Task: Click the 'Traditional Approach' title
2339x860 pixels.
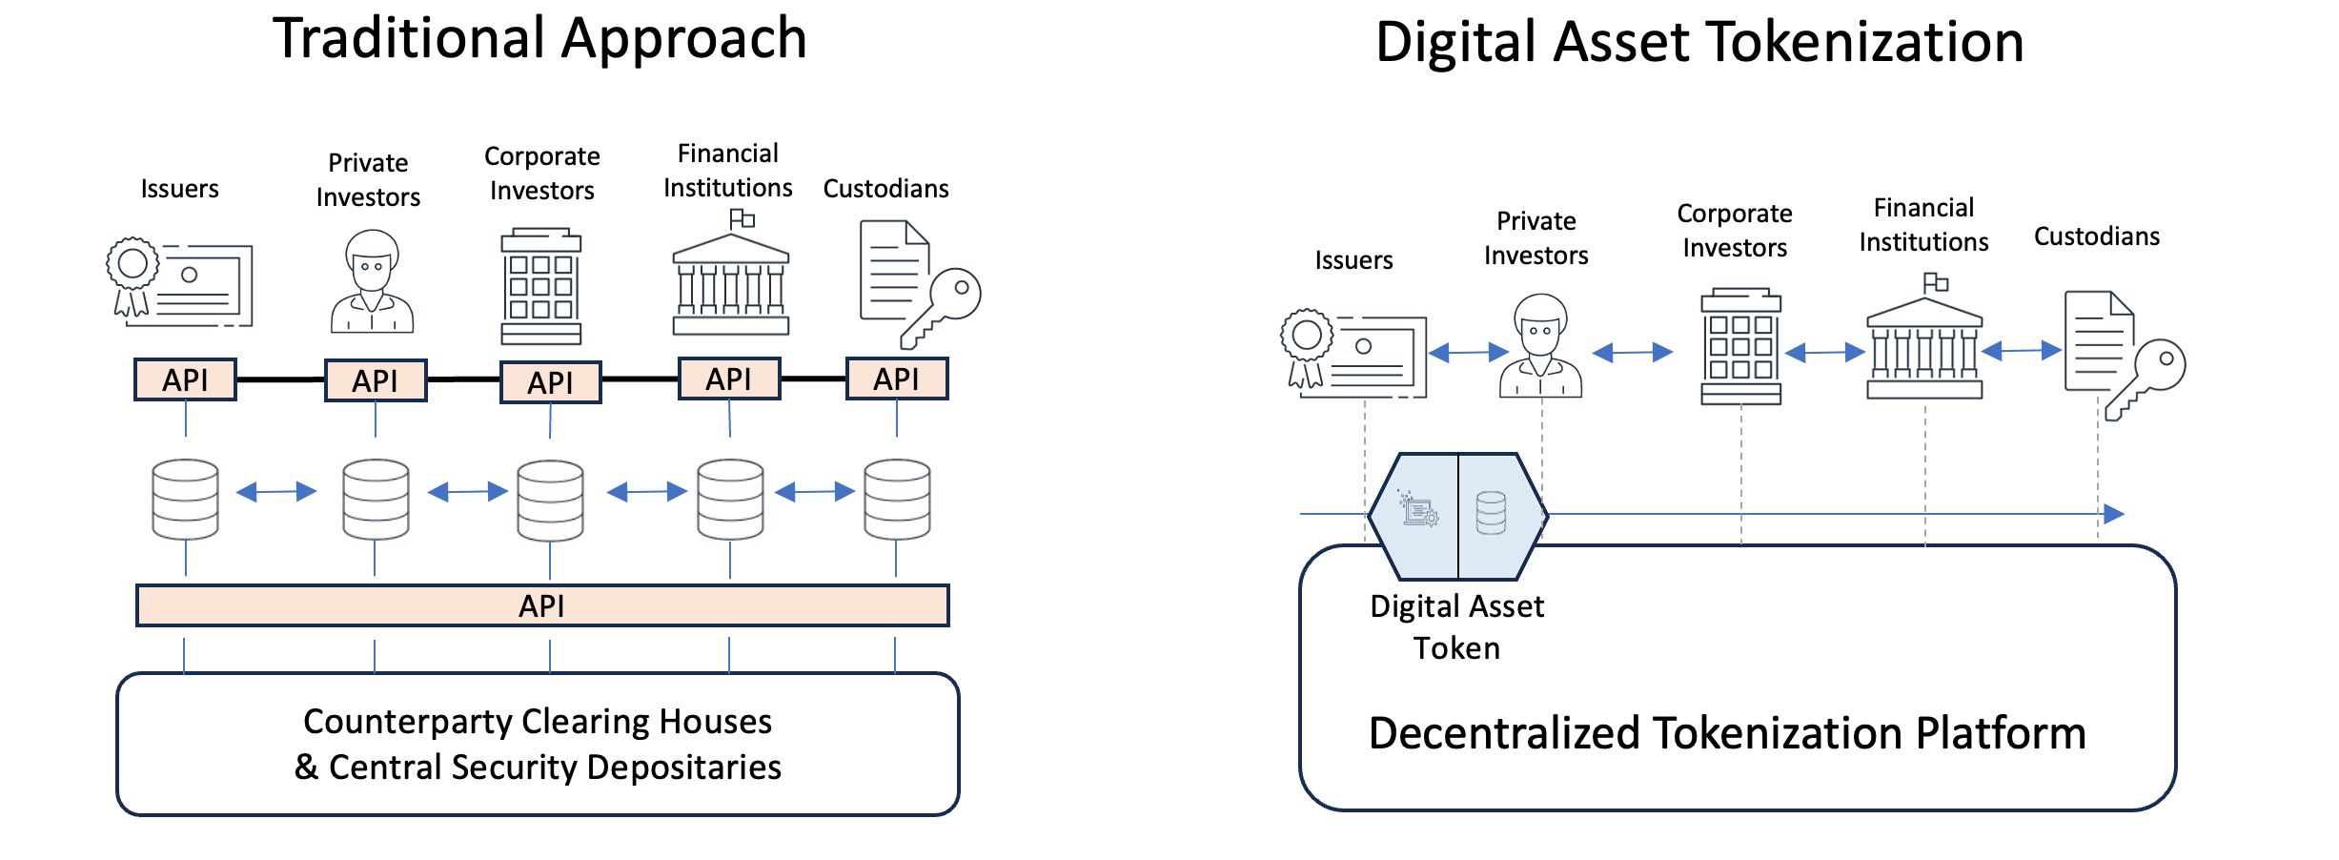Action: tap(539, 39)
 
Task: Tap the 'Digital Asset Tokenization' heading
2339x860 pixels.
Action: tap(1698, 43)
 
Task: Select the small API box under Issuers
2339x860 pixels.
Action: tap(185, 379)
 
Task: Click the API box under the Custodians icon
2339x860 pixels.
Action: tap(896, 379)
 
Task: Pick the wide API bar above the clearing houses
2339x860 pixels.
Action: tap(541, 605)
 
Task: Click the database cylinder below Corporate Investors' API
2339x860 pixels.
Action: tap(550, 501)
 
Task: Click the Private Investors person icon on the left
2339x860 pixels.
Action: tap(372, 281)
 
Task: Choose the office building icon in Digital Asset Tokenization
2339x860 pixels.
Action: tap(1740, 346)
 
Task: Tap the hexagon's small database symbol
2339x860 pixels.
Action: tap(1491, 513)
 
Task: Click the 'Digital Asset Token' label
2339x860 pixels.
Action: tap(1456, 626)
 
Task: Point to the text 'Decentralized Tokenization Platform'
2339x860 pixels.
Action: tap(1727, 733)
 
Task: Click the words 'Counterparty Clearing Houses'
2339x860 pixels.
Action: tap(538, 722)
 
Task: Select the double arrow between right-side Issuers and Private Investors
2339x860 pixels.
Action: tap(1468, 353)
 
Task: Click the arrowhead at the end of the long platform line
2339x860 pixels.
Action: tap(2113, 514)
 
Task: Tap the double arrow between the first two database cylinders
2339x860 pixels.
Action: tap(276, 492)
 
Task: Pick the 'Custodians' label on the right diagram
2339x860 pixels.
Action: tap(2096, 236)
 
